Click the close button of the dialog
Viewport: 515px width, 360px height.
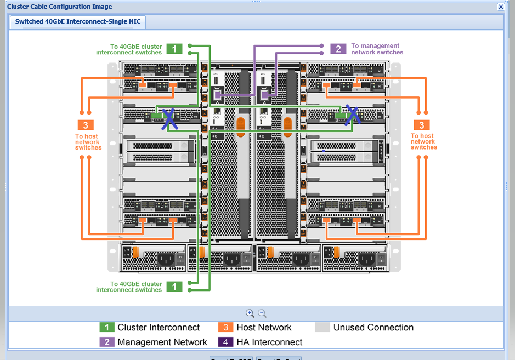click(x=501, y=7)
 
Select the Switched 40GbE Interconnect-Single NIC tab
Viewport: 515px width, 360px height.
click(x=77, y=21)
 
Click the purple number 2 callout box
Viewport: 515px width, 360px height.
click(x=338, y=49)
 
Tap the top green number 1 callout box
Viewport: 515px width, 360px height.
click(x=174, y=49)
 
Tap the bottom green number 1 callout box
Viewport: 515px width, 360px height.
click(x=174, y=287)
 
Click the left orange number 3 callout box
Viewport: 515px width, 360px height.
click(x=85, y=125)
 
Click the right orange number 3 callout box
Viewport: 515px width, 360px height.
click(x=422, y=125)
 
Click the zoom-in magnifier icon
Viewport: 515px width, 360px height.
click(x=250, y=313)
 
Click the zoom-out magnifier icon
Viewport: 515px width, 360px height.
click(x=262, y=313)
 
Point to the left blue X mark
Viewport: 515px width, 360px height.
click(x=168, y=117)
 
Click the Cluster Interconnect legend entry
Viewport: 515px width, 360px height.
click(x=158, y=328)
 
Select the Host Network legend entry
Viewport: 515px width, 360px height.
click(x=263, y=328)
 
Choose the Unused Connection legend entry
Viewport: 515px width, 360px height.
click(x=373, y=328)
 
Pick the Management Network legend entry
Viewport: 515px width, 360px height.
click(x=162, y=342)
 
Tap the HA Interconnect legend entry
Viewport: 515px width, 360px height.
click(x=269, y=342)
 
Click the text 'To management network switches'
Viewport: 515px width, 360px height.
click(x=377, y=49)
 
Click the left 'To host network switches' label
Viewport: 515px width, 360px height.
click(x=88, y=142)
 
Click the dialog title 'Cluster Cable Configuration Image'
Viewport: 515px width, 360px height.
click(x=59, y=7)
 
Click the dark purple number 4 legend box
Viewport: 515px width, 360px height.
click(x=225, y=342)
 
